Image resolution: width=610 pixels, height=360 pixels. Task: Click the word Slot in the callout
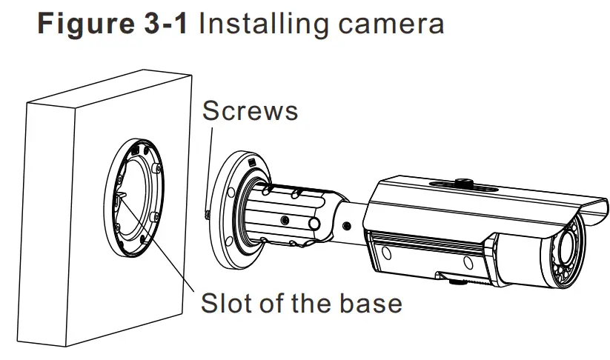pyautogui.click(x=228, y=303)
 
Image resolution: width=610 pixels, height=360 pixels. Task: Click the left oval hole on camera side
pyautogui.click(x=385, y=255)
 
